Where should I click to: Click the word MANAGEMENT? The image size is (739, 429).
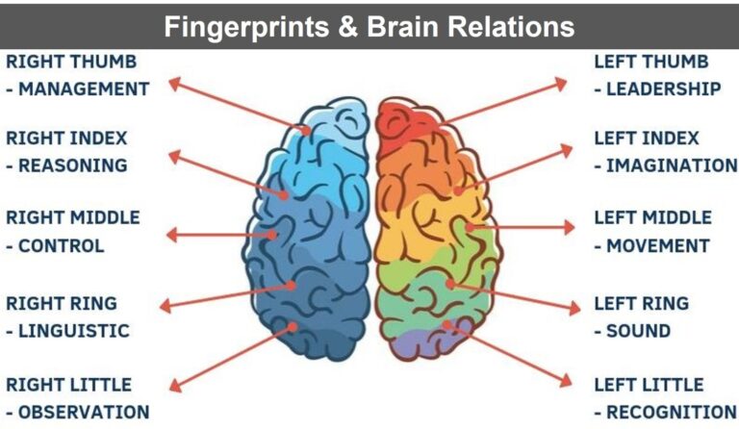pyautogui.click(x=84, y=89)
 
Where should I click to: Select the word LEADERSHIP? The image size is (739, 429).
pyautogui.click(x=664, y=89)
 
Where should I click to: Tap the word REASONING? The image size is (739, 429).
pyautogui.click(x=73, y=165)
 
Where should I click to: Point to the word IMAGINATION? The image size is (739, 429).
pyautogui.click(x=671, y=165)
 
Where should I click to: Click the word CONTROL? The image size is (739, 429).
pyautogui.click(x=62, y=246)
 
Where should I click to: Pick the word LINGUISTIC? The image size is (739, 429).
pyautogui.click(x=73, y=331)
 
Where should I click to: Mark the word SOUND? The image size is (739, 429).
pyautogui.click(x=638, y=331)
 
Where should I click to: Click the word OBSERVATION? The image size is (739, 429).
pyautogui.click(x=84, y=413)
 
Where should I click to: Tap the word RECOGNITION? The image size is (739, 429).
pyautogui.click(x=671, y=413)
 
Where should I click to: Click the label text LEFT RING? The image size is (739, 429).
pyautogui.click(x=641, y=304)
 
